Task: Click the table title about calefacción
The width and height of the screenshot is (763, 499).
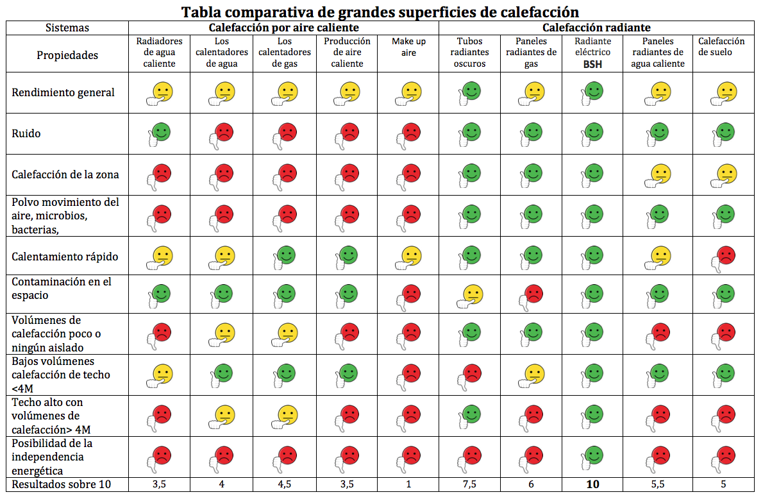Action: coord(380,12)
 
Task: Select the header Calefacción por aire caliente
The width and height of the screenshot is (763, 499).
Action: coord(283,28)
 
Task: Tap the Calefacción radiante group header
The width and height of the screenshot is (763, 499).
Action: coord(596,28)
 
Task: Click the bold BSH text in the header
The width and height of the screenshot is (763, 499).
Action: coord(592,64)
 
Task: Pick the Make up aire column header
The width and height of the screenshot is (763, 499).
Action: coord(408,47)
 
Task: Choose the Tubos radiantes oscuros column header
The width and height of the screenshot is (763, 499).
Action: coord(469,53)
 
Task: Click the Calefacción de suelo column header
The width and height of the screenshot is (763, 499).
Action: coord(721,47)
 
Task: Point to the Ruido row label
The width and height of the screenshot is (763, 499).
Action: coord(26,133)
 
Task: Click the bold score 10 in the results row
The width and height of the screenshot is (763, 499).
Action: coord(592,484)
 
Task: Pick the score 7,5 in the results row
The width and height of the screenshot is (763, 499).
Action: coord(469,484)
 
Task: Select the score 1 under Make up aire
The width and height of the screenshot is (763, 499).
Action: coord(408,484)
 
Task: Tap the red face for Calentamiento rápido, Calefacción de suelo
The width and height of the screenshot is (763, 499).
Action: coord(724,256)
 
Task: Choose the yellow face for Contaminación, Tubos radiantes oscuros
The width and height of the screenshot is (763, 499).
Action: coord(473,294)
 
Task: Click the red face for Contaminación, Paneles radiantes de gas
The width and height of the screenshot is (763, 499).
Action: coord(533,294)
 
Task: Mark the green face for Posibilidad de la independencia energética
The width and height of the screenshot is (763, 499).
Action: coord(594,456)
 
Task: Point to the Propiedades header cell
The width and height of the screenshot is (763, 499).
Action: coord(67,55)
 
